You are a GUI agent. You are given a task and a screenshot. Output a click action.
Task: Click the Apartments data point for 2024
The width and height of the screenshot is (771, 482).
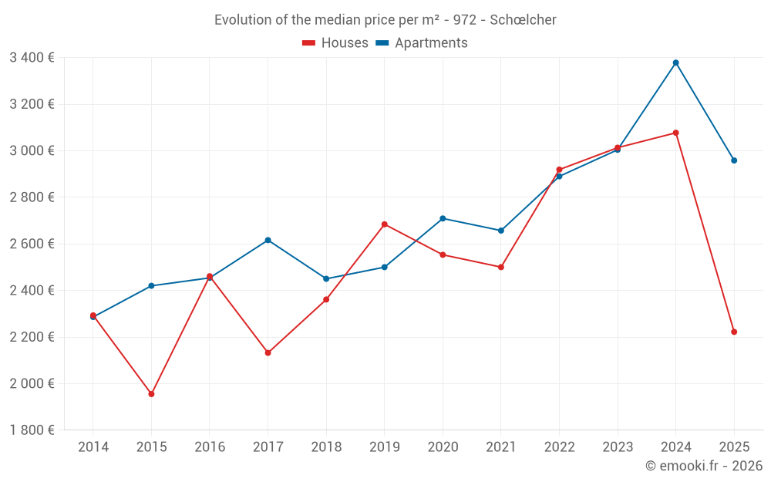click(675, 62)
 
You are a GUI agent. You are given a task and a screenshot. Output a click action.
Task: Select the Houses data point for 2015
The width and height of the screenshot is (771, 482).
click(151, 394)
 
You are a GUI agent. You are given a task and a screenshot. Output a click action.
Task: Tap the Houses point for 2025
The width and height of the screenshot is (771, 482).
click(734, 332)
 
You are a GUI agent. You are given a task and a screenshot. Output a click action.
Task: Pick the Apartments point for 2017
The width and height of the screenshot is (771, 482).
click(268, 240)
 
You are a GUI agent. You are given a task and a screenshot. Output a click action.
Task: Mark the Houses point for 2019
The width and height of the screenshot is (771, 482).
click(385, 224)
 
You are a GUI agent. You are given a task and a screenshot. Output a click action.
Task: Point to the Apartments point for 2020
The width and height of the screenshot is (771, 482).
click(443, 218)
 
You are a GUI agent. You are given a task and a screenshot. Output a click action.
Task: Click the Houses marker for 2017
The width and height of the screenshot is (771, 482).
click(268, 352)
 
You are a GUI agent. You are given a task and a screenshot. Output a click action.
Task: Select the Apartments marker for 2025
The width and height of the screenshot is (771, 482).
click(734, 160)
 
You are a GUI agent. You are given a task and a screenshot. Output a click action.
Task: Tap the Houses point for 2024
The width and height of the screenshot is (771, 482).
click(675, 133)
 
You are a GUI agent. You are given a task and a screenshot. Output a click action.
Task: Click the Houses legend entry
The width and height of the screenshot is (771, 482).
click(336, 43)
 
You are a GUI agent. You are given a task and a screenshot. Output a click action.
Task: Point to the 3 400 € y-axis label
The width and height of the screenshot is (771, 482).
click(32, 57)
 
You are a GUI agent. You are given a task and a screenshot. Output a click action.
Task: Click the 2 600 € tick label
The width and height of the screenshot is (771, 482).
click(32, 244)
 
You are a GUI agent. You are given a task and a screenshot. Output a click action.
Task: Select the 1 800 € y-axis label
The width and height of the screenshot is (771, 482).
click(32, 430)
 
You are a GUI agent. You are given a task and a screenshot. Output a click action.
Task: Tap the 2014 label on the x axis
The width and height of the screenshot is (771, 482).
click(93, 447)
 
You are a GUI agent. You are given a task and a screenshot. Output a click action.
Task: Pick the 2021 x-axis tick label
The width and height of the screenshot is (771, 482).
click(501, 447)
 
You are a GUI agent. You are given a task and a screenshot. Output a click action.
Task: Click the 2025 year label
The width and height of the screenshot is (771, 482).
click(734, 447)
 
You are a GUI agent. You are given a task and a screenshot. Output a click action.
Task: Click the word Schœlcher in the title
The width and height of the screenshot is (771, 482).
click(523, 20)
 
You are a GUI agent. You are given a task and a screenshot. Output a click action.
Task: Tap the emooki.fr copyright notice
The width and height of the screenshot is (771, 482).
click(703, 466)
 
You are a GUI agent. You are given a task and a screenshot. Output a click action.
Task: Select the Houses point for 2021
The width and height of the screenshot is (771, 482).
click(501, 267)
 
